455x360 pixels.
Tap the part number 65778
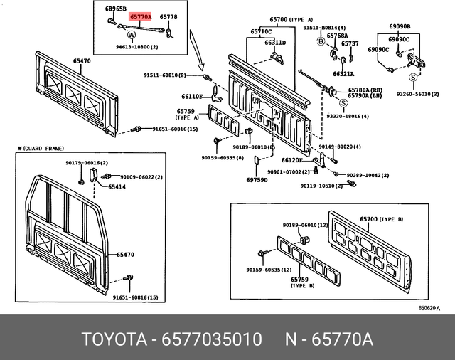click(168, 16)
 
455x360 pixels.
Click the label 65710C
click(260, 32)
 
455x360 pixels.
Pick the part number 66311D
click(274, 43)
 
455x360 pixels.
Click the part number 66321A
click(343, 73)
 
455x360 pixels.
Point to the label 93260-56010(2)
click(418, 94)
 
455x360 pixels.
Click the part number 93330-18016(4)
click(347, 115)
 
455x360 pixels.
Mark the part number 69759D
click(257, 180)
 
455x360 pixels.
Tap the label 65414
click(117, 187)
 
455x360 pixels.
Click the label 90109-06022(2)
click(141, 177)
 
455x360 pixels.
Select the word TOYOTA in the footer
click(109, 338)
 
